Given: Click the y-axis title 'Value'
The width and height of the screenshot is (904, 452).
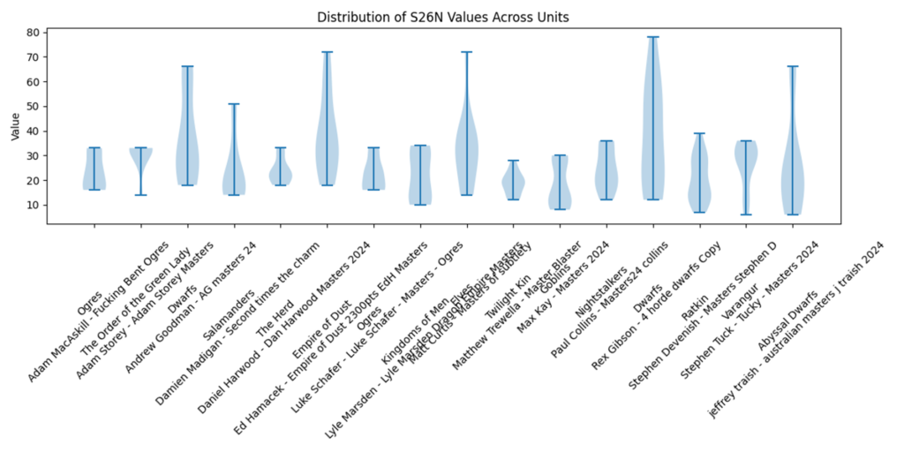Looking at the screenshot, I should pos(15,125).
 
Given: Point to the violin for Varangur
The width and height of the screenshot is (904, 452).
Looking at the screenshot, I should pos(746,163).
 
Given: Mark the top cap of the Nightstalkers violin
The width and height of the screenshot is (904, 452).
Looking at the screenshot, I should pos(606,141).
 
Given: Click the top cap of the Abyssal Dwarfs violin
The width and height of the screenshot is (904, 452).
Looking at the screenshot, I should pos(793,66).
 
